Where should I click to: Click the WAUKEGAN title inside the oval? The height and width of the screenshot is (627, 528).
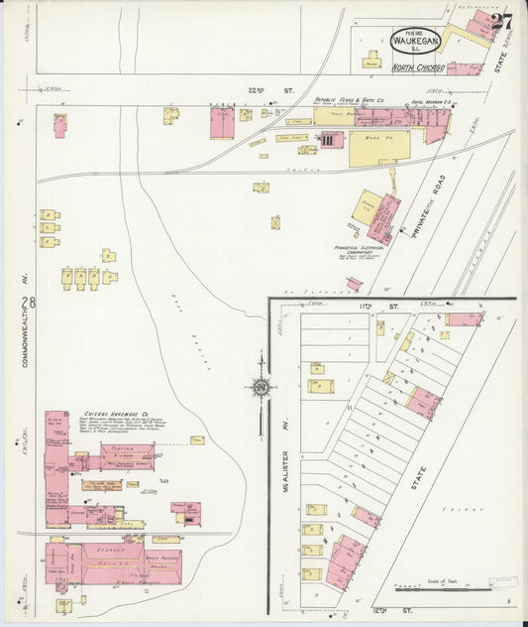(x=415, y=43)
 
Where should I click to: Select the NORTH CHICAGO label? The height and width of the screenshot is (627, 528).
(x=415, y=68)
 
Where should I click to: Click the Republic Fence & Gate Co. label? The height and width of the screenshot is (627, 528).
(x=348, y=99)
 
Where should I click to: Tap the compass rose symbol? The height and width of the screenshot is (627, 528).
(x=261, y=387)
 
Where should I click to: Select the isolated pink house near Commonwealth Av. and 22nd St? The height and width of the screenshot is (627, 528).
(x=59, y=125)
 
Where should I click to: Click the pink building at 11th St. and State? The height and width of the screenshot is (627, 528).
(x=464, y=319)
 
